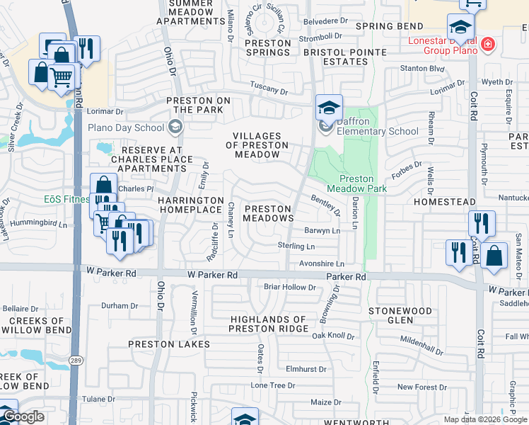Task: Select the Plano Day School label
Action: pyautogui.click(x=125, y=128)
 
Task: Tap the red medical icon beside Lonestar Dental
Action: pyautogui.click(x=487, y=46)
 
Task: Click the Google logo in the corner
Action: pyautogui.click(x=23, y=416)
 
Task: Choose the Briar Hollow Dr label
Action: pyautogui.click(x=289, y=287)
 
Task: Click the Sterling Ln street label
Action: pyautogui.click(x=296, y=246)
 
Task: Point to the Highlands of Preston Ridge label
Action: pyautogui.click(x=269, y=324)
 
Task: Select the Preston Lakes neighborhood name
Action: pyautogui.click(x=169, y=344)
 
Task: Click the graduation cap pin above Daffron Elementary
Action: pyautogui.click(x=329, y=108)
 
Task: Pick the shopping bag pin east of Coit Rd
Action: pyautogui.click(x=494, y=255)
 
